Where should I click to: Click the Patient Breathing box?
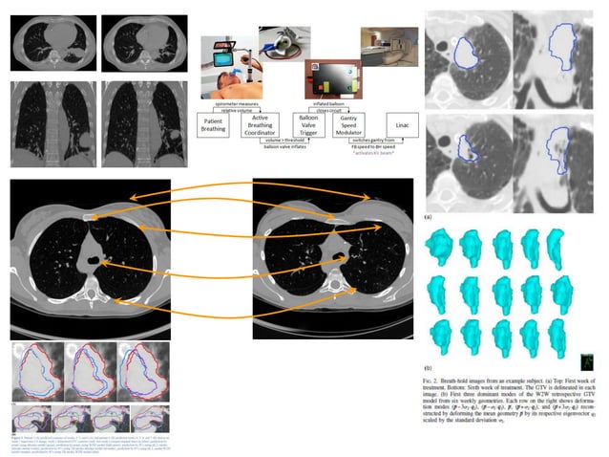[218, 125]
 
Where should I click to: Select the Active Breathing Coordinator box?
[262, 125]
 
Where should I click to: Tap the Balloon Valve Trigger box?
[303, 125]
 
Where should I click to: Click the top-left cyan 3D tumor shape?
[442, 243]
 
